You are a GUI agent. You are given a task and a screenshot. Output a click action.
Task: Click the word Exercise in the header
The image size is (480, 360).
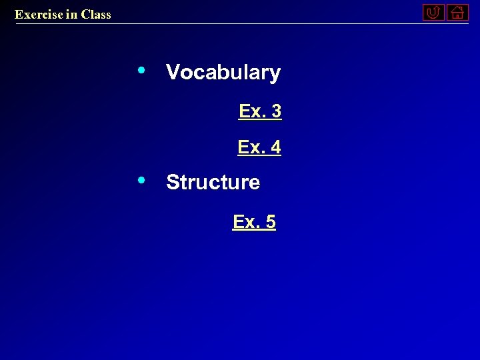pyautogui.click(x=39, y=14)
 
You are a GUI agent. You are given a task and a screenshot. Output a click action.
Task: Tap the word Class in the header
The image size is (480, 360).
pyautogui.click(x=96, y=14)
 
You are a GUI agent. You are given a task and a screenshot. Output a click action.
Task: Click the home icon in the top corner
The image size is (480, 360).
pyautogui.click(x=457, y=12)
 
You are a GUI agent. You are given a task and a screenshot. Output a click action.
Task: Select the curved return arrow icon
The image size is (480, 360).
pyautogui.click(x=433, y=12)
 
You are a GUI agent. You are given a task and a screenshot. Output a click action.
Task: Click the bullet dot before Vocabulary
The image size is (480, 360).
pyautogui.click(x=141, y=70)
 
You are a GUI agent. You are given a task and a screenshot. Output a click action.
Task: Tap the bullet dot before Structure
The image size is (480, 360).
pyautogui.click(x=141, y=179)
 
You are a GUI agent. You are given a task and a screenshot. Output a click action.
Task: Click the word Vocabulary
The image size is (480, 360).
pyautogui.click(x=223, y=73)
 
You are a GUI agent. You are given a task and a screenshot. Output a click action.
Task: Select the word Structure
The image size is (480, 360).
pyautogui.click(x=213, y=182)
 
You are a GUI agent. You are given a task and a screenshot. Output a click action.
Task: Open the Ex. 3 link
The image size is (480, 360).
pyautogui.click(x=260, y=111)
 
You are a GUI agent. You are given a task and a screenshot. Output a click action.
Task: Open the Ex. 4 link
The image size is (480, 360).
pyautogui.click(x=259, y=147)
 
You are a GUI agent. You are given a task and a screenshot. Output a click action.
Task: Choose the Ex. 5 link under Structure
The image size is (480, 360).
pyautogui.click(x=254, y=222)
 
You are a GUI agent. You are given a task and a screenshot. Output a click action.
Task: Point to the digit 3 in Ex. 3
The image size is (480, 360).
pyautogui.click(x=277, y=111)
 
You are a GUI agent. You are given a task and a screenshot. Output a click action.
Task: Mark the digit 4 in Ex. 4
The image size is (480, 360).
pyautogui.click(x=275, y=147)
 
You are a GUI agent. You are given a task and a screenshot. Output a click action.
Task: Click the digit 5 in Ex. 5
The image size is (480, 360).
pyautogui.click(x=270, y=222)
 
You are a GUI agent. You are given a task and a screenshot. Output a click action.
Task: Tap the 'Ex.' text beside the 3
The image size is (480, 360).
pyautogui.click(x=252, y=111)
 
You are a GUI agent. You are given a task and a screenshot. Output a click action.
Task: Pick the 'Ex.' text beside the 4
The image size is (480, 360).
pyautogui.click(x=251, y=147)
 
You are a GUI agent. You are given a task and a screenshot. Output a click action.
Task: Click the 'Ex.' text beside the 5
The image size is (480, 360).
pyautogui.click(x=246, y=222)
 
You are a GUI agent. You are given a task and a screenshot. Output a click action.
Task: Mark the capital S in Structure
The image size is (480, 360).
pyautogui.click(x=173, y=182)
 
